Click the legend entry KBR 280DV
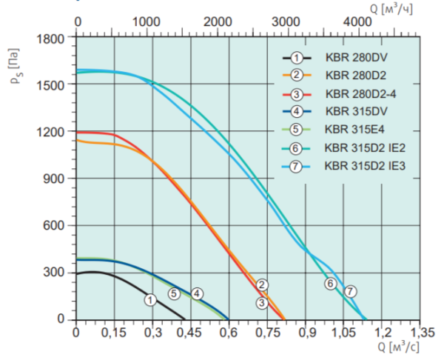(349, 58)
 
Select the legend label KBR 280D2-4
(357, 94)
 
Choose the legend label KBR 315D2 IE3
(360, 166)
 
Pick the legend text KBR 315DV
(349, 112)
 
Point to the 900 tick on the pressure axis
(59, 179)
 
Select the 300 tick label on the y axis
(59, 273)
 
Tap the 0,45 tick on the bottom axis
(191, 333)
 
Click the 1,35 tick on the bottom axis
(418, 333)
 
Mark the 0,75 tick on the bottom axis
(266, 333)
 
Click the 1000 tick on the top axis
(148, 21)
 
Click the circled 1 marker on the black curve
(150, 300)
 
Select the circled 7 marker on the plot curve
(350, 291)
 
